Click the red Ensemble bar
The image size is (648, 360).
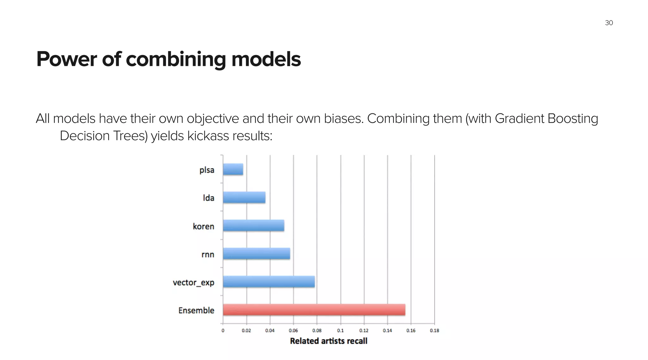pos(314,310)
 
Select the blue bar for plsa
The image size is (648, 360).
pos(233,169)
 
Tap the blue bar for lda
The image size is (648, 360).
pos(244,198)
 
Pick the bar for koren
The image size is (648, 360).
pos(253,225)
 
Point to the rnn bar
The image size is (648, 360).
pos(256,254)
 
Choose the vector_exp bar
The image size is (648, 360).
pos(269,282)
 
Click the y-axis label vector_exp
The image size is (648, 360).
pos(193,282)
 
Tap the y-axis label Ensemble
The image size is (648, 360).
pos(196,310)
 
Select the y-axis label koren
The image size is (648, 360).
pos(203,226)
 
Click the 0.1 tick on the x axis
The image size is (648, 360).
pos(340,331)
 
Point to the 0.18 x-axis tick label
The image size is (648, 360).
pos(434,331)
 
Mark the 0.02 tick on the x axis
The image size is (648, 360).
pos(246,331)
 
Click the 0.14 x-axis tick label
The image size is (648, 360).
pos(387,331)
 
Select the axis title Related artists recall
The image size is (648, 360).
pos(328,341)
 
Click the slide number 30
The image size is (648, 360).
pos(609,23)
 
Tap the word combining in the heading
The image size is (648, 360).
pos(176,59)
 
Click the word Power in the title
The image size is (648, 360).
pos(66,59)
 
